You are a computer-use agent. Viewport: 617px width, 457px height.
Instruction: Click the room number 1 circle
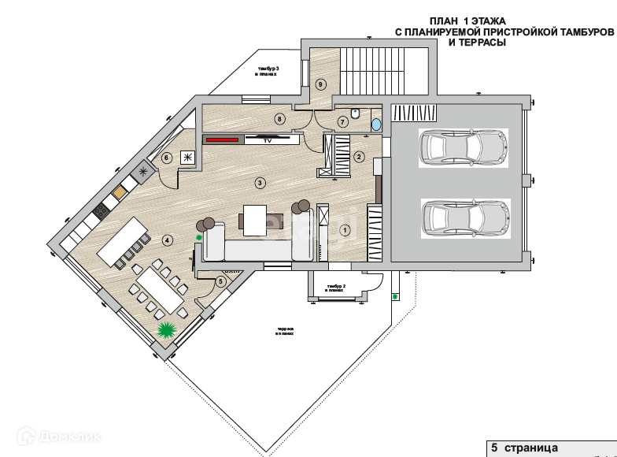click(344, 231)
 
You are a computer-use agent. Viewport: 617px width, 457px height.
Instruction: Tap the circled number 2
click(359, 156)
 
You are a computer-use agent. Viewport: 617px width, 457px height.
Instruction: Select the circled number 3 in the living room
click(260, 183)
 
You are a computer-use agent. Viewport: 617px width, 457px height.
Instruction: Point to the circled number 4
click(167, 239)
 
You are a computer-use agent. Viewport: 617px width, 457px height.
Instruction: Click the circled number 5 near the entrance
click(220, 281)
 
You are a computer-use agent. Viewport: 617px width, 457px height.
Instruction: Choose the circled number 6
click(167, 158)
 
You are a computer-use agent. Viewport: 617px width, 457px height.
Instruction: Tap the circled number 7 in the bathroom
click(342, 122)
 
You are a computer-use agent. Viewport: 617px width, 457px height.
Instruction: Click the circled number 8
click(279, 119)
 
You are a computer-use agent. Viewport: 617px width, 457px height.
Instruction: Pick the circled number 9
click(320, 84)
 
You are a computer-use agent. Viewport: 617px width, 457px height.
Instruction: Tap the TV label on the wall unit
click(267, 139)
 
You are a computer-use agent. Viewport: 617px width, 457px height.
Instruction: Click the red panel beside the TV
click(221, 139)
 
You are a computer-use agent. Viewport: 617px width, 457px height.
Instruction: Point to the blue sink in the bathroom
click(375, 124)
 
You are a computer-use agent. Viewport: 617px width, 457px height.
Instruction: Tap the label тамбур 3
click(268, 70)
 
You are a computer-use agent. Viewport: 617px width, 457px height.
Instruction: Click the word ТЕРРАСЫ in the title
click(477, 43)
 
